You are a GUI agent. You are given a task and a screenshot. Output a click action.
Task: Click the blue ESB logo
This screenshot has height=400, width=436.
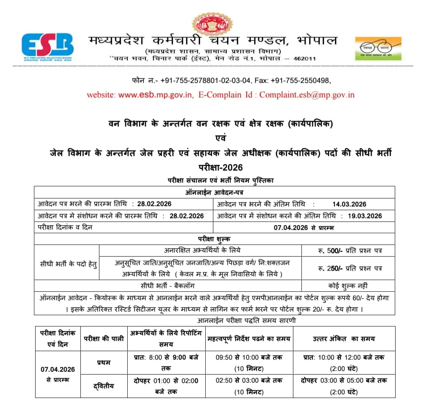[48, 45]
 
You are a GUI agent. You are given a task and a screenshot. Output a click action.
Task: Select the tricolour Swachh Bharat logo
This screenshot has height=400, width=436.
[378, 48]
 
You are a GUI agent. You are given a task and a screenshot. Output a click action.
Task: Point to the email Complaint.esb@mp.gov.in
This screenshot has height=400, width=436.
[307, 95]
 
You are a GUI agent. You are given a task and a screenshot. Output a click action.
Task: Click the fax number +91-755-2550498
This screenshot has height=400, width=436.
[305, 80]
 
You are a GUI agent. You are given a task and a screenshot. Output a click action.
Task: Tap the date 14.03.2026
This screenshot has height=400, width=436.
[349, 204]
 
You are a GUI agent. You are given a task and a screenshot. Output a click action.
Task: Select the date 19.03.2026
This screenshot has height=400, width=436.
[365, 216]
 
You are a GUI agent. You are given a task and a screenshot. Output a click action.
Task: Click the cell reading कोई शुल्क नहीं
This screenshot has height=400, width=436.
[348, 286]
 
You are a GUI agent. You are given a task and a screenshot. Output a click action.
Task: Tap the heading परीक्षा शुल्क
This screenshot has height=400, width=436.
[214, 239]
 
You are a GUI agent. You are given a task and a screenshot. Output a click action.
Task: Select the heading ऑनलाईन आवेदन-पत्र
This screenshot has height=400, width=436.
[214, 192]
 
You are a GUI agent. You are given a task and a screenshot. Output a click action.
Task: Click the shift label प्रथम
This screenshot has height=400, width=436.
[104, 362]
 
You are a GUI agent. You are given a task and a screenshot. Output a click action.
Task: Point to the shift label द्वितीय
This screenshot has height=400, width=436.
[104, 386]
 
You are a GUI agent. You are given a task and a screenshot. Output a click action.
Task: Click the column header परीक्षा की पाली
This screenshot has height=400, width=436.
[104, 339]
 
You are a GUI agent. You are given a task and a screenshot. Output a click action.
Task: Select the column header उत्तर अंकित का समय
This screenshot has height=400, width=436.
[344, 339]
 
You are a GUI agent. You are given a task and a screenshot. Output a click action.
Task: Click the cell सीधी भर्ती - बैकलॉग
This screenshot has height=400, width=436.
[168, 286]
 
